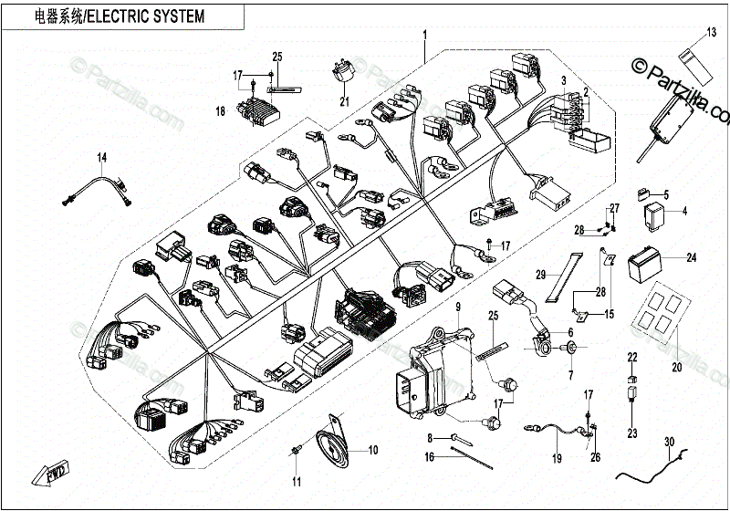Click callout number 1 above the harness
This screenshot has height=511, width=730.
(x=424, y=36)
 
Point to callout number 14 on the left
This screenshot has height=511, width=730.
(x=102, y=158)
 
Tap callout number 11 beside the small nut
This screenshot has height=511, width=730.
(x=296, y=481)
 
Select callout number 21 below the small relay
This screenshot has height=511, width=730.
(x=345, y=101)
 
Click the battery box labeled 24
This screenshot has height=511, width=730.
(x=649, y=264)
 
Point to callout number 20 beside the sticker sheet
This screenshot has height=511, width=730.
(x=676, y=369)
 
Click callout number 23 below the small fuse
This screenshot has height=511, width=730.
(x=631, y=433)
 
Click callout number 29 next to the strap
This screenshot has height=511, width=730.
(x=540, y=275)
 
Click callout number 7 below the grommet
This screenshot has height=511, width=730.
(x=569, y=375)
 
